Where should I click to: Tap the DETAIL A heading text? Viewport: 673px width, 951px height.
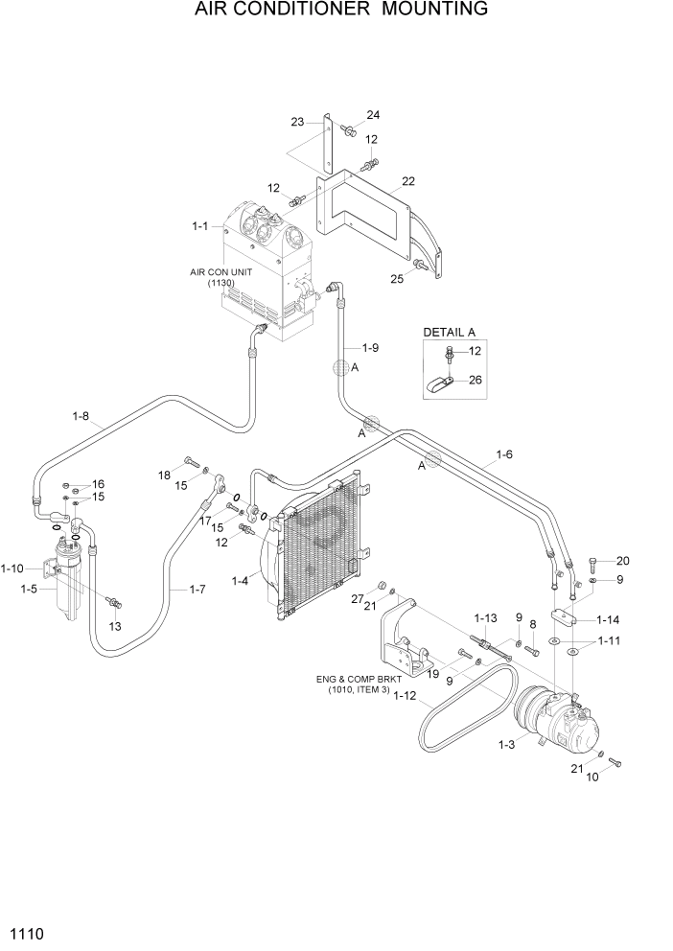tap(450, 332)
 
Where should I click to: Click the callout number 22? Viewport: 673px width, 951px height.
tap(408, 181)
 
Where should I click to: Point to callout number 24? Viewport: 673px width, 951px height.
tap(372, 115)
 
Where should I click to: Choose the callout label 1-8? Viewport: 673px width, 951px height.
tap(81, 416)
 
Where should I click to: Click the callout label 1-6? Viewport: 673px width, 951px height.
tap(504, 454)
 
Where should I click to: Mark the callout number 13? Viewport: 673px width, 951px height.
tap(115, 626)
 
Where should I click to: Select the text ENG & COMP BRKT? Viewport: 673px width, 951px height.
tap(357, 680)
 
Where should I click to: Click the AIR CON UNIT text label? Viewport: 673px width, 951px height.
tap(220, 272)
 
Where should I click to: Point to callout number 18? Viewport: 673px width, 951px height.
tap(164, 475)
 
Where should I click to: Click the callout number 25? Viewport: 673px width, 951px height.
tap(398, 279)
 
